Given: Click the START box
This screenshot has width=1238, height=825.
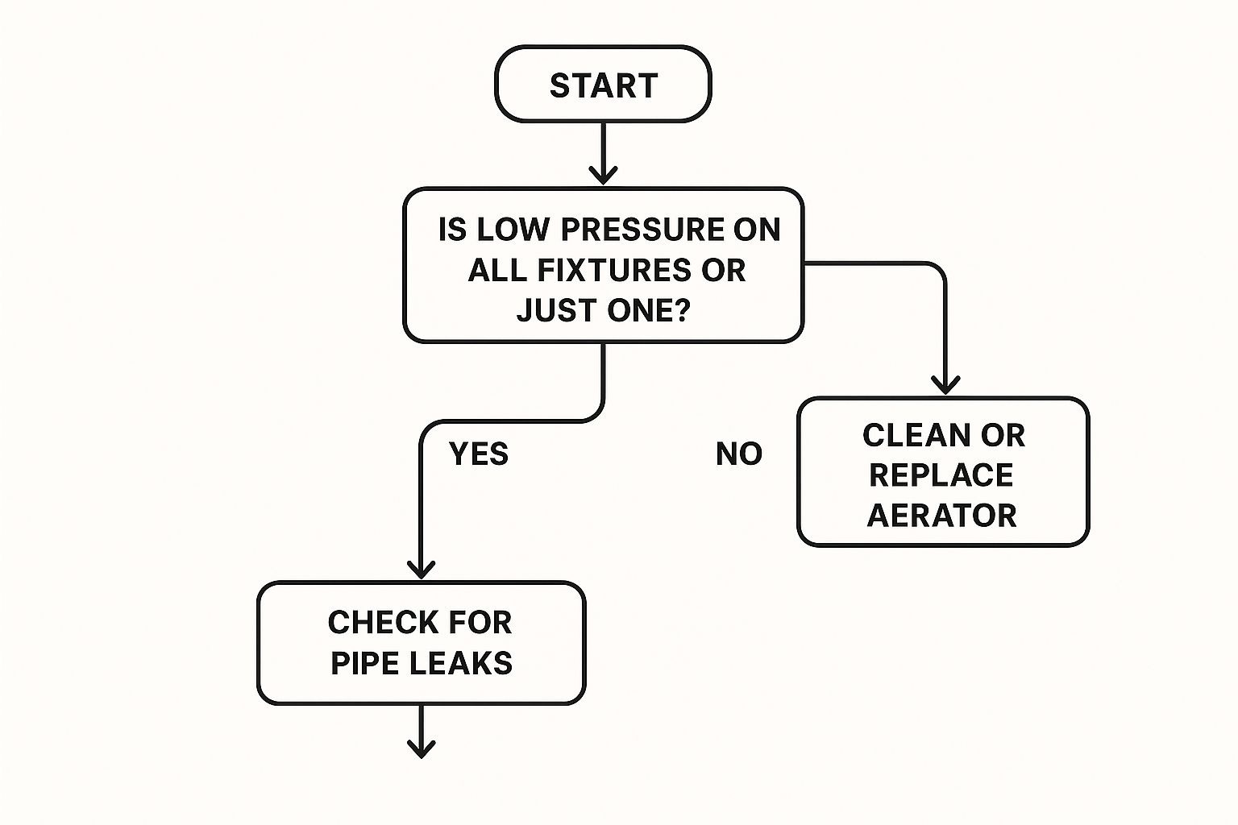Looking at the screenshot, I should point(603,85).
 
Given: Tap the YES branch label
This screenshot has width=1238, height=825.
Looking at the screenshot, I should point(479,454).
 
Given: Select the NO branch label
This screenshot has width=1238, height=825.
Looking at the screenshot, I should point(738,454).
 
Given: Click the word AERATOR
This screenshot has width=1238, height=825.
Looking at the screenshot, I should point(941,516).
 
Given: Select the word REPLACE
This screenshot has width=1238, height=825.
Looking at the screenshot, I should point(941,475).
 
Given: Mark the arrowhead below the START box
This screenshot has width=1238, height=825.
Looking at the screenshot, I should point(603,174).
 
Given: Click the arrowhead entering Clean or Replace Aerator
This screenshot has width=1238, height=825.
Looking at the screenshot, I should point(945,384).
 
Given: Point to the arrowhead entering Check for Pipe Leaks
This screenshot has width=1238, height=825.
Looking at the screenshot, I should point(421,569).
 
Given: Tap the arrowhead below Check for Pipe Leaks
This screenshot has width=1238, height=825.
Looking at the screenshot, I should point(421,748).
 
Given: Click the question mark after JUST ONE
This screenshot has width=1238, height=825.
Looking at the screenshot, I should point(682,310).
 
